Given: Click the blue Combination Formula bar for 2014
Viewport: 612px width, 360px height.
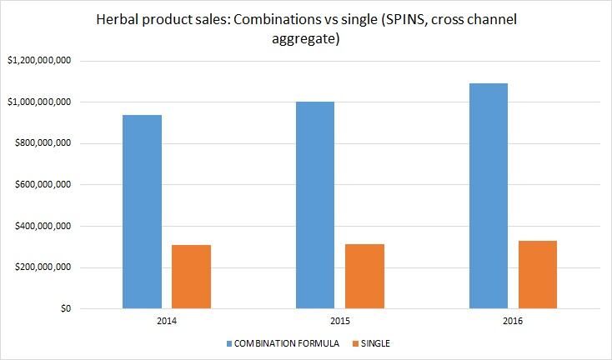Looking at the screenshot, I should [x=142, y=212].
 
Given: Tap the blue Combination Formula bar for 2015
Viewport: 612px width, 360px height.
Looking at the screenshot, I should [x=314, y=205].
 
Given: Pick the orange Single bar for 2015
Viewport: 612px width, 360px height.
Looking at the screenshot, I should [x=364, y=276].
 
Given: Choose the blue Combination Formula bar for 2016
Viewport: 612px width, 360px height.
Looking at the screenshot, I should [x=488, y=196].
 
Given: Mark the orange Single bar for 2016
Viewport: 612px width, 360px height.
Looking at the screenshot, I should [x=537, y=274].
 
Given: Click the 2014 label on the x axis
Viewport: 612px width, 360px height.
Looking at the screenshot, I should [x=167, y=321].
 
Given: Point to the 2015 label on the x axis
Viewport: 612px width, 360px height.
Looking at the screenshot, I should [x=339, y=321].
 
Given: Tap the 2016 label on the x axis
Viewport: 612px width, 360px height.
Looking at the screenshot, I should [x=513, y=321].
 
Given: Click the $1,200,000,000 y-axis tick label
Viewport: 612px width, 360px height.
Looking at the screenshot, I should [x=38, y=61].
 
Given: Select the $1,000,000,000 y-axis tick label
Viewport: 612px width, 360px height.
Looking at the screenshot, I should [x=38, y=102].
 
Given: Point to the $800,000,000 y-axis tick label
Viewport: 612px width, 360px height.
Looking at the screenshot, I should [x=42, y=143].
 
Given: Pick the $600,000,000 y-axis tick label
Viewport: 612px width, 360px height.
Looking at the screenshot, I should [x=42, y=185].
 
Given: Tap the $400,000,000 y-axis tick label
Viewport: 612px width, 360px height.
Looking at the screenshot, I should [x=42, y=227].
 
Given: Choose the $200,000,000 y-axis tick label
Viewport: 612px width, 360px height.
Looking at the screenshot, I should [x=42, y=267].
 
